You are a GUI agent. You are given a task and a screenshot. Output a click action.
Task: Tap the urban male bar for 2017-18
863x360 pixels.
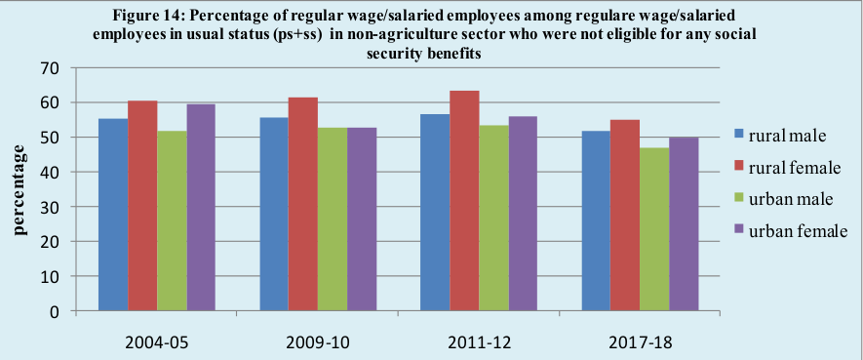coord(625,229)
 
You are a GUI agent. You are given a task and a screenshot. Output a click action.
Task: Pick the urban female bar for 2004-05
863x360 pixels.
coord(201,208)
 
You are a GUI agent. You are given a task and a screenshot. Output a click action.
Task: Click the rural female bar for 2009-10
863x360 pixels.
coord(303,204)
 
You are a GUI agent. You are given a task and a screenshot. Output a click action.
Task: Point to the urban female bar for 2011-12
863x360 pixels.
coord(523,214)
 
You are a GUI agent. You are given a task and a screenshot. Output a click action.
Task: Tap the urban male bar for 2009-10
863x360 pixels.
coord(333,220)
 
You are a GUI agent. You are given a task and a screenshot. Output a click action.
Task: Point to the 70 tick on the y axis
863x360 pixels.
coord(50,68)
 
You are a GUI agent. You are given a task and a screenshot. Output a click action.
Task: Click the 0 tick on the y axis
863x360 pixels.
coord(55,312)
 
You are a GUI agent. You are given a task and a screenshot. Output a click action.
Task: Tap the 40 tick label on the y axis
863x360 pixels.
coord(50,173)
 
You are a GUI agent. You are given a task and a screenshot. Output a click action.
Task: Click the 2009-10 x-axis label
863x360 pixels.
coord(317,341)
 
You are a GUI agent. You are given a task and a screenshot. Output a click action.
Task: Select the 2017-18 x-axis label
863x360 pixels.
coord(640,341)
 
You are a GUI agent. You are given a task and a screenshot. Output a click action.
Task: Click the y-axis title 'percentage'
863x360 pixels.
coord(19,190)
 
